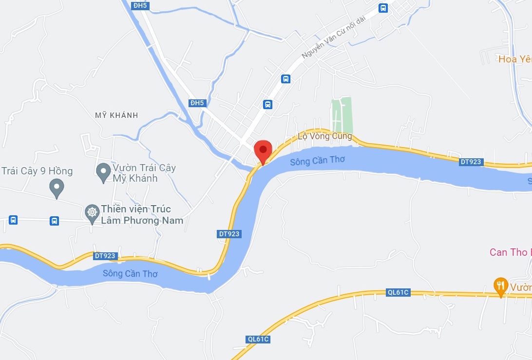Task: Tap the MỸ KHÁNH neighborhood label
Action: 117,115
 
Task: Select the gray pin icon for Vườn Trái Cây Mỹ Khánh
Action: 103,172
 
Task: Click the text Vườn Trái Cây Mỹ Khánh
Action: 144,173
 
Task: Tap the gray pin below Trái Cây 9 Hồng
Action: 57,188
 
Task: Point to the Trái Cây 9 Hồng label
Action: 37,171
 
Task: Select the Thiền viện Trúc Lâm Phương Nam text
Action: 142,215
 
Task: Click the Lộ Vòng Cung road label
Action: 324,136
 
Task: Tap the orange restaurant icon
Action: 500,285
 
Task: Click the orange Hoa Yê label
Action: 514,59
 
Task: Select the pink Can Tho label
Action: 509,252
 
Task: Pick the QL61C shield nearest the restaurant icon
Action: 398,293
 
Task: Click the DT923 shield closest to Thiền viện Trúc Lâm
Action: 105,256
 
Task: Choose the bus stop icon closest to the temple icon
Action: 54,221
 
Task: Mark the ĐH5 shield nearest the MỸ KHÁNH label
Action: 197,103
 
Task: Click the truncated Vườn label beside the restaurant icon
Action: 521,287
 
